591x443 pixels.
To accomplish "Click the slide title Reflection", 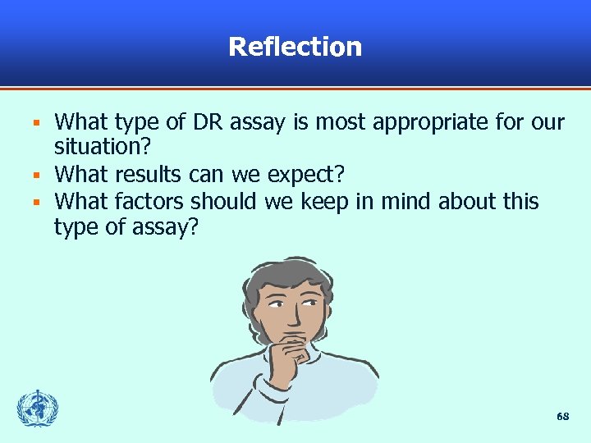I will click(x=295, y=47).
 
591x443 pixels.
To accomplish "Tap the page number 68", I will click(x=562, y=417).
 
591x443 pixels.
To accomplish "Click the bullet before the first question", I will click(x=36, y=124).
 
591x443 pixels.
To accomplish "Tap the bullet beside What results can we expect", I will click(x=36, y=175).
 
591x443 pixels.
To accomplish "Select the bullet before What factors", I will click(x=36, y=201).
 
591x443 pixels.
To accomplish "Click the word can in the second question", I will click(x=204, y=176).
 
